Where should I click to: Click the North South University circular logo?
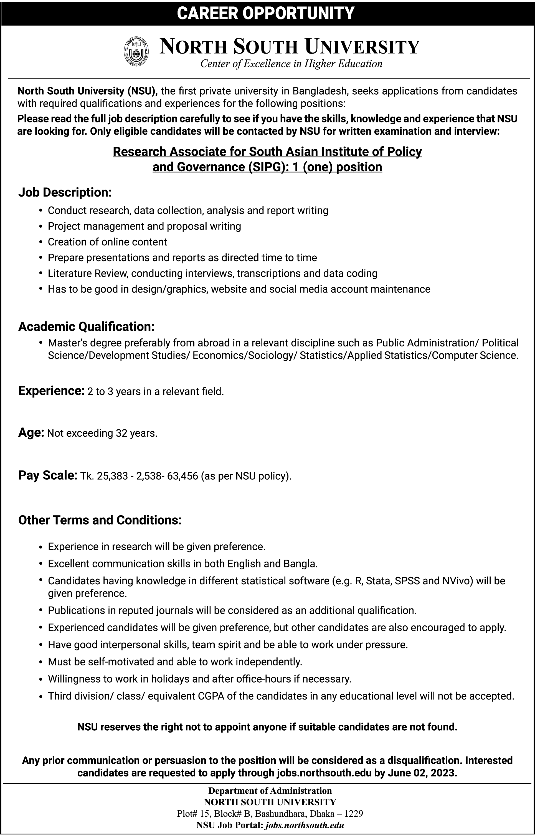(x=136, y=52)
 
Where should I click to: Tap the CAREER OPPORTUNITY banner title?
(x=266, y=13)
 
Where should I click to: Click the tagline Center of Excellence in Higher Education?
(x=291, y=64)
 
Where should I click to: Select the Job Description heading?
(x=65, y=192)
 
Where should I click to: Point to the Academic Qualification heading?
(x=86, y=326)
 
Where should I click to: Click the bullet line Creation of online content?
(x=107, y=242)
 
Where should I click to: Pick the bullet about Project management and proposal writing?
(x=144, y=226)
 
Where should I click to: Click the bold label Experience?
(x=51, y=391)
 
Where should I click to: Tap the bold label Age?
(x=31, y=433)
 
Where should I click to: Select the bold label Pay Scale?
(x=48, y=475)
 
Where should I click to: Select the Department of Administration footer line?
(x=270, y=791)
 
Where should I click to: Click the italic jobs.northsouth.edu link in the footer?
(x=304, y=825)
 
